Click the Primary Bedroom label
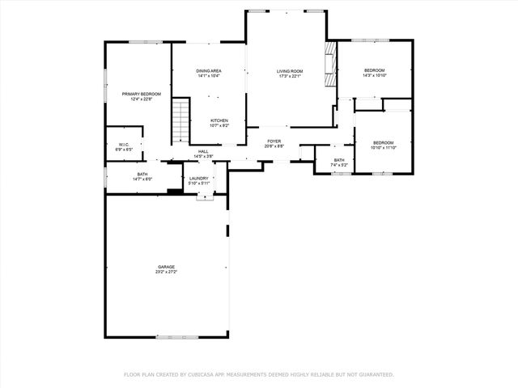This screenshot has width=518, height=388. tap(142, 95)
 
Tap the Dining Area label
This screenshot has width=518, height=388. tap(209, 71)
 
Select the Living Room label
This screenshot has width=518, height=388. tap(289, 71)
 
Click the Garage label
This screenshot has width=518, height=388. tap(166, 267)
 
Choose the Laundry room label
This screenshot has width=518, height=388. tap(199, 179)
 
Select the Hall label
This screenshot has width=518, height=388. tap(203, 151)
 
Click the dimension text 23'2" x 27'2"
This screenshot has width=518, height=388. tap(166, 272)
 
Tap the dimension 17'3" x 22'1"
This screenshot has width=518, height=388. tap(289, 77)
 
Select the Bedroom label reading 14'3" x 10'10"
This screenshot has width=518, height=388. tap(374, 70)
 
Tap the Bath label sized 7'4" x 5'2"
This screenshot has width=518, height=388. tap(338, 160)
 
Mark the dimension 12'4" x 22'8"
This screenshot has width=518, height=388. tap(142, 100)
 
